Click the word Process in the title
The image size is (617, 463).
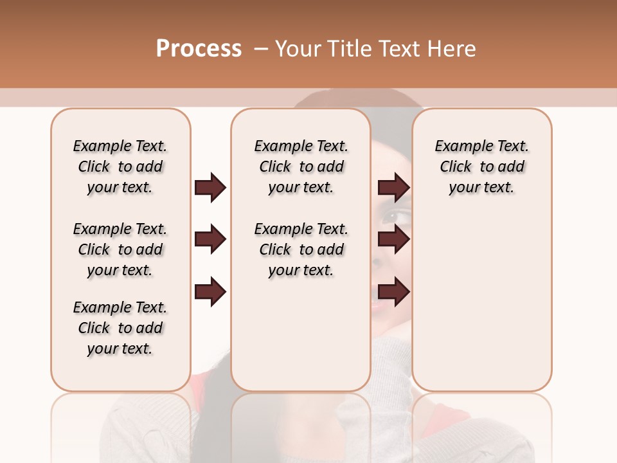pos(199,48)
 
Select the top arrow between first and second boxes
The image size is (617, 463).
pos(210,187)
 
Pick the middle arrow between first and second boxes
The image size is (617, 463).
pos(210,240)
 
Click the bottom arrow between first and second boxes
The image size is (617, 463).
pos(210,293)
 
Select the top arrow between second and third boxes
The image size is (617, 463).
pos(394,187)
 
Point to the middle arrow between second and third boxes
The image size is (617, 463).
pos(394,240)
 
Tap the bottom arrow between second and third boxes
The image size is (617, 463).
pos(394,293)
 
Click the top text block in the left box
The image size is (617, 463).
pos(120,167)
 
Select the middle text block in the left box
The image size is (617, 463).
pos(120,250)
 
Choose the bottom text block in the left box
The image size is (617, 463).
pos(120,328)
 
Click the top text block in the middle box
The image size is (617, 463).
pos(301,167)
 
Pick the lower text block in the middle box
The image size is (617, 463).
pos(301,250)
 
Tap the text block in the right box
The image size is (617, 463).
pos(481,167)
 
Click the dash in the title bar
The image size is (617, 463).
pos(260,48)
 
